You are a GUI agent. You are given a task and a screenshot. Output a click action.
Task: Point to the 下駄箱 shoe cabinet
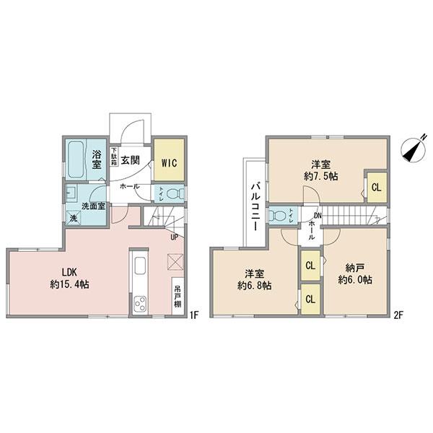tap(113, 157)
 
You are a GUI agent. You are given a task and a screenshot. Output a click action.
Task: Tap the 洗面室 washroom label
tap(93, 206)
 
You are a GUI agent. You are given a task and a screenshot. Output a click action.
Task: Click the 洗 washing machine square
tap(74, 217)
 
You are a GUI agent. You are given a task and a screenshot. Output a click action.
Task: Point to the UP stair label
tap(174, 236)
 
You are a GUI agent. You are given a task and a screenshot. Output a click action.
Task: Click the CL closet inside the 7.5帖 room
tap(377, 187)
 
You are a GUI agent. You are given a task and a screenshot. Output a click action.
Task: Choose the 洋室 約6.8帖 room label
tap(254, 279)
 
